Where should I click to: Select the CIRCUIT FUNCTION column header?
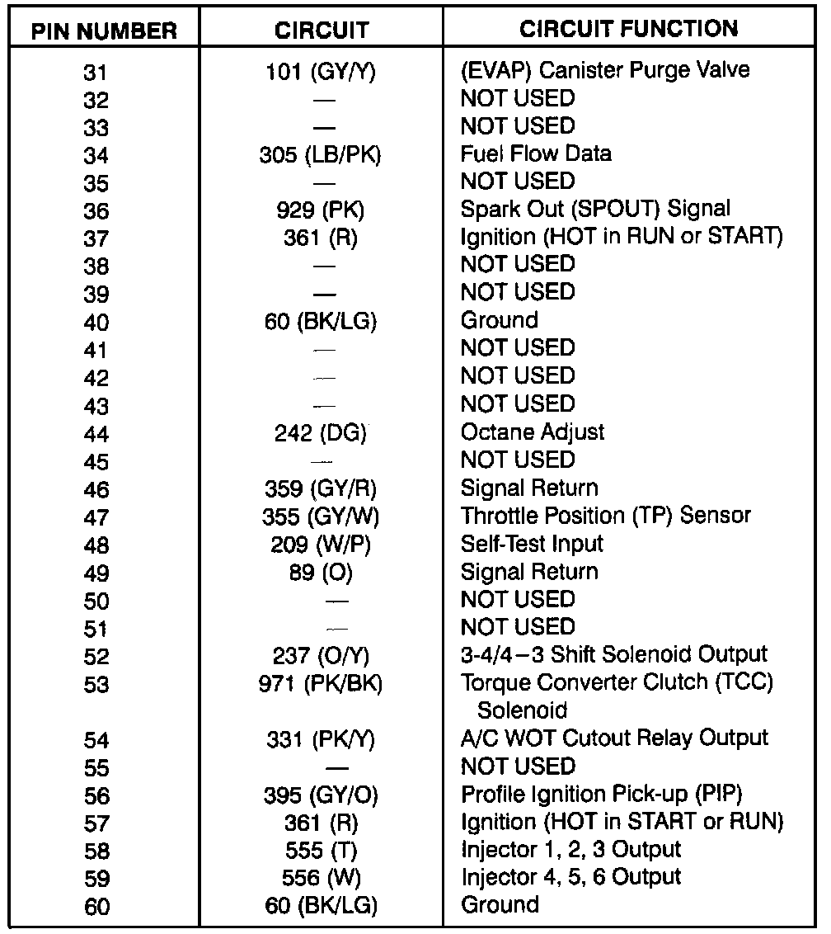pos(628,29)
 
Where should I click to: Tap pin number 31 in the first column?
pos(96,73)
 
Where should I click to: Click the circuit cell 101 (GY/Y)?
pos(321,71)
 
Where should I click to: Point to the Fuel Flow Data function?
pos(536,153)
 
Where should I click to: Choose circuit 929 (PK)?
pos(321,210)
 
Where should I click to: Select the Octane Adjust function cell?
pos(533,432)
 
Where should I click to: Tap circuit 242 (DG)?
pos(321,433)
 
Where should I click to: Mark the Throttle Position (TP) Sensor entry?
pos(606,517)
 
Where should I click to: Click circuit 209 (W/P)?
pos(321,545)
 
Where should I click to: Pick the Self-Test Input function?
pos(532,545)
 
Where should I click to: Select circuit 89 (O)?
pos(321,573)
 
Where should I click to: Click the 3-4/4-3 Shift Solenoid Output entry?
pos(614,655)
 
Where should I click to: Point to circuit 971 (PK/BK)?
pos(321,684)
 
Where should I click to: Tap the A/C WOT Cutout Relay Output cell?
pos(614,738)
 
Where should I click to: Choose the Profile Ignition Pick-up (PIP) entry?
pos(602,795)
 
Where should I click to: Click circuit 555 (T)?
pos(321,851)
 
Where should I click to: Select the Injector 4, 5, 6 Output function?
pos(570,877)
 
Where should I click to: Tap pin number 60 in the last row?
pos(96,907)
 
